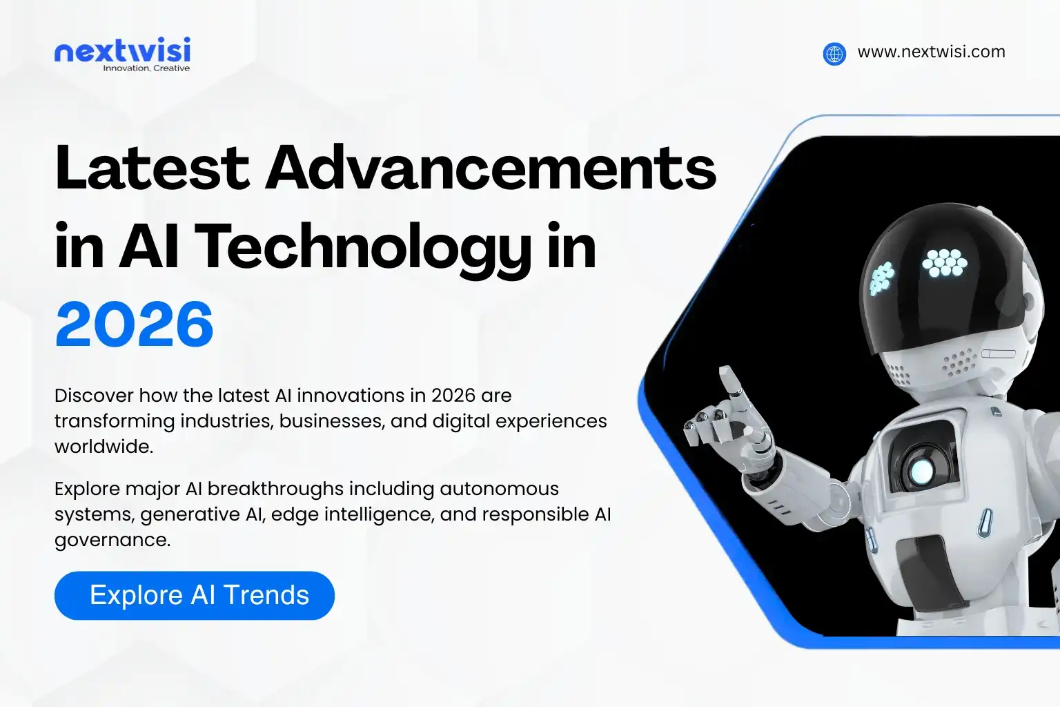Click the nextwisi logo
tap(122, 51)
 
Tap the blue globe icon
tap(834, 53)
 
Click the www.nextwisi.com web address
tap(931, 52)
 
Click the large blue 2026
tap(135, 325)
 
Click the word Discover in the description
tap(94, 396)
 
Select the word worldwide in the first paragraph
tap(104, 447)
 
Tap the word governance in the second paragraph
tap(112, 540)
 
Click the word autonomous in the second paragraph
tap(499, 489)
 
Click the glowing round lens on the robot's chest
tap(921, 471)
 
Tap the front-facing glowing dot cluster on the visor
tap(945, 262)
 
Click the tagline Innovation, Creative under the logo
tap(146, 68)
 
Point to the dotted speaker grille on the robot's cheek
tap(959, 361)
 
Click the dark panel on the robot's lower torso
tap(928, 573)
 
